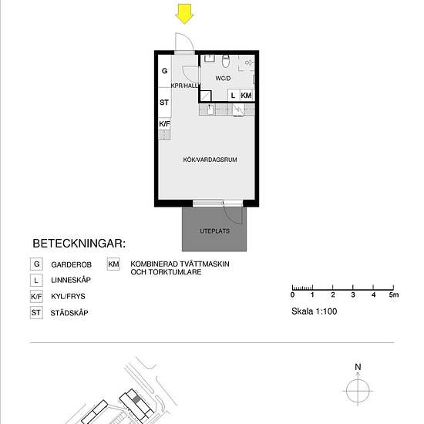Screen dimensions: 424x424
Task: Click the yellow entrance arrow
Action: tap(184, 13)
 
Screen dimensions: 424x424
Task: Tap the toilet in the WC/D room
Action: tap(226, 60)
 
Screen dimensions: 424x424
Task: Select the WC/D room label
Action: tap(224, 78)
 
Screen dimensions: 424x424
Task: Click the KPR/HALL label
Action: tap(186, 86)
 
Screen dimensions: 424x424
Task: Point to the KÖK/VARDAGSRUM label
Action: tap(205, 160)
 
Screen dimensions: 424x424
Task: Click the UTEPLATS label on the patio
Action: tap(215, 230)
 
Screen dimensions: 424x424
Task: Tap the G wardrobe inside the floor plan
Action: tap(164, 71)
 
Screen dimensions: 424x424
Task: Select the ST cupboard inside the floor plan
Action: tap(164, 102)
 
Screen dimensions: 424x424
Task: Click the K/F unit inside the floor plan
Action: tap(164, 123)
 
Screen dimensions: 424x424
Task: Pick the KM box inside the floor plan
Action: tap(246, 95)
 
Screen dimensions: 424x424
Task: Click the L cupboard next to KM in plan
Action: tap(233, 95)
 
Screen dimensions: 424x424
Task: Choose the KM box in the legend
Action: tap(113, 263)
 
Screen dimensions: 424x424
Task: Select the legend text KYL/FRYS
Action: tap(70, 296)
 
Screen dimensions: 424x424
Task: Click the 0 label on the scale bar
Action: tap(292, 295)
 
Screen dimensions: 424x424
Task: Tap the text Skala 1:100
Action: tap(314, 311)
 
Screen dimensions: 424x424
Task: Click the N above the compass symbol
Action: tap(358, 367)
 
